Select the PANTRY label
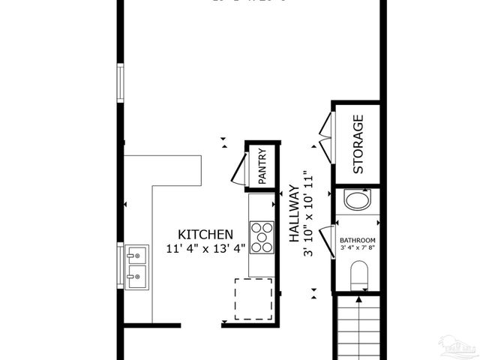click(262, 166)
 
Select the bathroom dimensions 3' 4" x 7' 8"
click(357, 247)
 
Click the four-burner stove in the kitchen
click(262, 237)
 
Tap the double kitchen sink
click(136, 267)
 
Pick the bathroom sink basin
click(357, 200)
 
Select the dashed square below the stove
click(254, 298)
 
